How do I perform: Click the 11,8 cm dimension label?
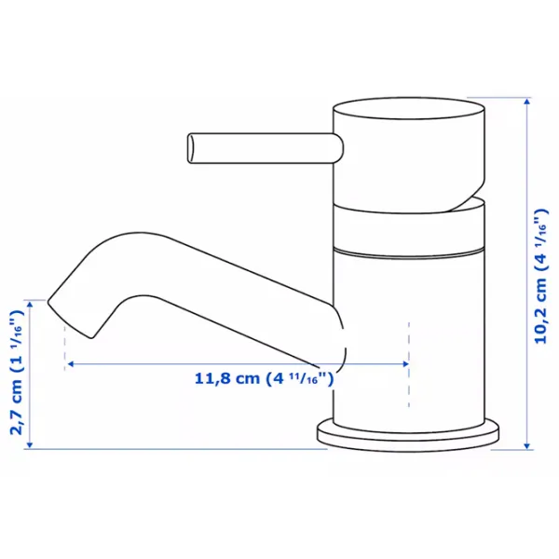coord(264,378)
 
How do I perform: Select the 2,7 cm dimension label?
coord(17,372)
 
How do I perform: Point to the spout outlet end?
coord(70,319)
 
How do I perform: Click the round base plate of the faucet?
coord(408,436)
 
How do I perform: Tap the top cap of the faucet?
coord(409,108)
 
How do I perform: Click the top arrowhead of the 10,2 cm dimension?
coord(527,102)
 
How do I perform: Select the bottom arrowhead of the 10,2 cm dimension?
coord(527,445)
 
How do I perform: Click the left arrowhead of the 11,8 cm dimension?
coord(71,364)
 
